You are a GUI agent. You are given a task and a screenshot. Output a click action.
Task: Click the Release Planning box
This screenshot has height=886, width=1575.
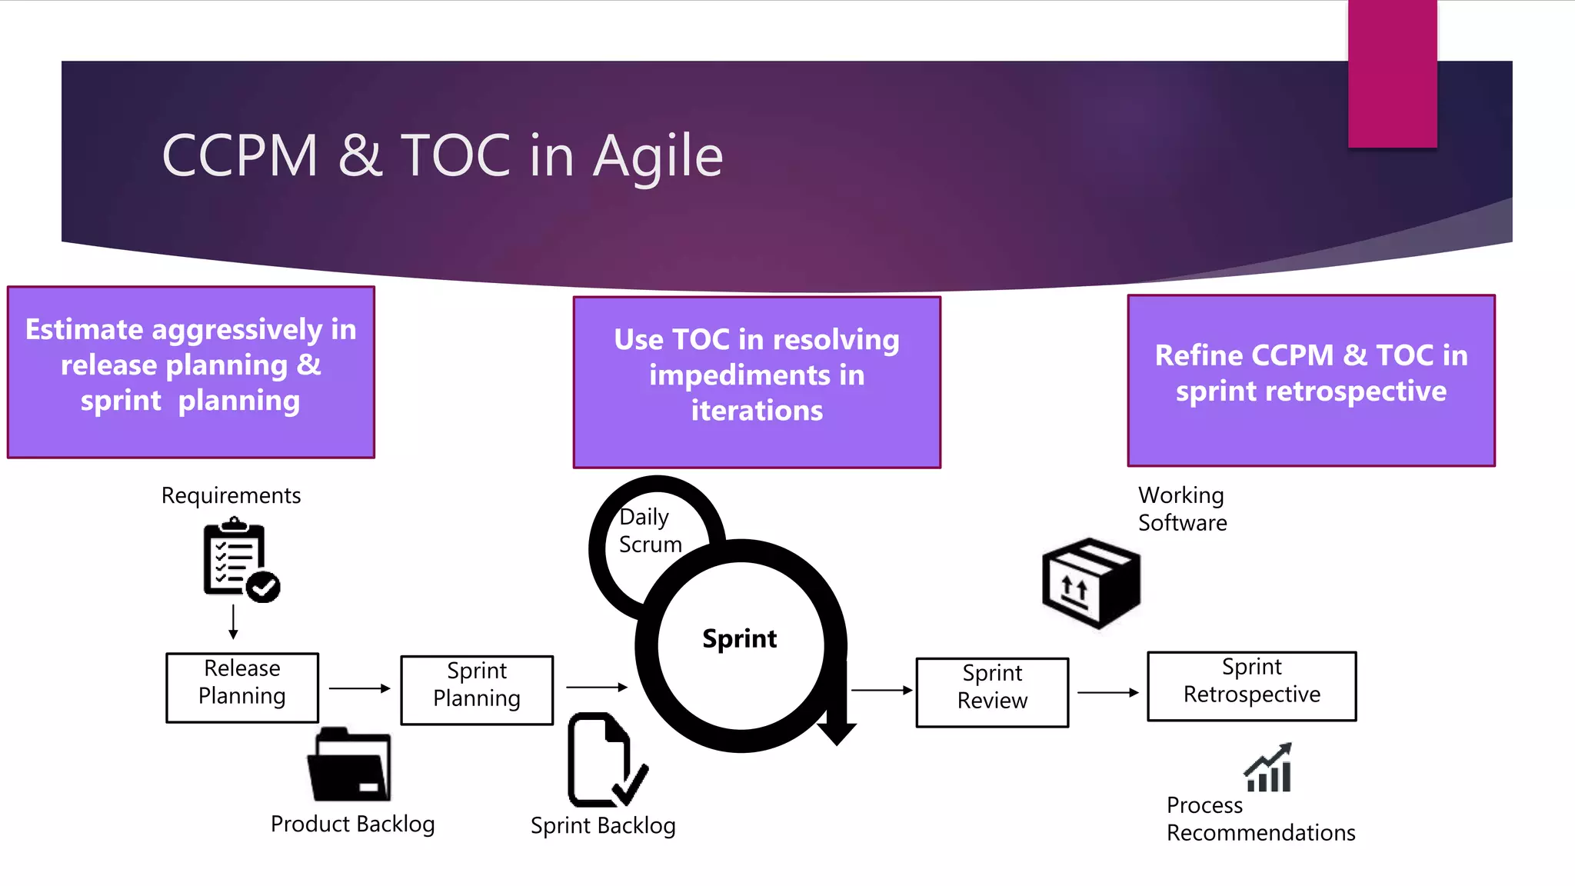(x=242, y=687)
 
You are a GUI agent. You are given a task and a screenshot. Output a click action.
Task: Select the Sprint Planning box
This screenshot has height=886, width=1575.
(x=477, y=690)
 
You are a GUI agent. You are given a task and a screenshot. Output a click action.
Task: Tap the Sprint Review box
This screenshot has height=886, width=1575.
(x=992, y=692)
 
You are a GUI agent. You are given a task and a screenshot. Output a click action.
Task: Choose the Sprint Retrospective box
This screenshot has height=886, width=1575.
(x=1251, y=686)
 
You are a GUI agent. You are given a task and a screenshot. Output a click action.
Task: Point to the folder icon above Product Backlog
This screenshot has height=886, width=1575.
(x=350, y=765)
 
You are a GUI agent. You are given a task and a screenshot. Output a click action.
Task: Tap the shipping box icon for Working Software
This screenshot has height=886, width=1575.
(x=1091, y=582)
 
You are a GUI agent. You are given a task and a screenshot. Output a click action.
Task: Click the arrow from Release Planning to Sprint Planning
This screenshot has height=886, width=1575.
(x=360, y=688)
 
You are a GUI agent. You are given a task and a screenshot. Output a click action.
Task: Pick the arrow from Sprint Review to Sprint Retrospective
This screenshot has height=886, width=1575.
(x=1107, y=692)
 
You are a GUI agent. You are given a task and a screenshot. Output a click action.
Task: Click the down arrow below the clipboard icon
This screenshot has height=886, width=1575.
(x=233, y=621)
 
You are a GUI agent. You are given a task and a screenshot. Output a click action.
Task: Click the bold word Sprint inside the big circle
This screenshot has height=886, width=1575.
(x=739, y=638)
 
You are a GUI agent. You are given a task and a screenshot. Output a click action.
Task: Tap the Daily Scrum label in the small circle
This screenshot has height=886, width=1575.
(x=650, y=531)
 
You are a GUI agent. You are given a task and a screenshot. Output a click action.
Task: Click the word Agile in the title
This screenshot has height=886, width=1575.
(x=658, y=156)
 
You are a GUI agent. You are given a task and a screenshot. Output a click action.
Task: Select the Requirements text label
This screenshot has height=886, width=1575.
(x=231, y=495)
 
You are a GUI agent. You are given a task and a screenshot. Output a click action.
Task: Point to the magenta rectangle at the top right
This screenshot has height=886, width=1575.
(x=1392, y=73)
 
